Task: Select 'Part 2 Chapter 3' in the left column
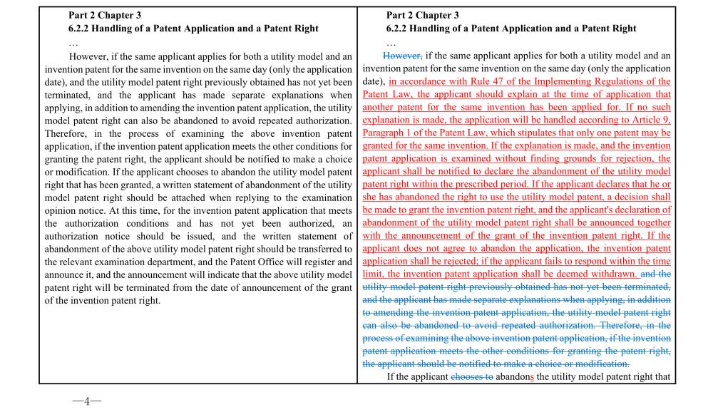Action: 106,15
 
